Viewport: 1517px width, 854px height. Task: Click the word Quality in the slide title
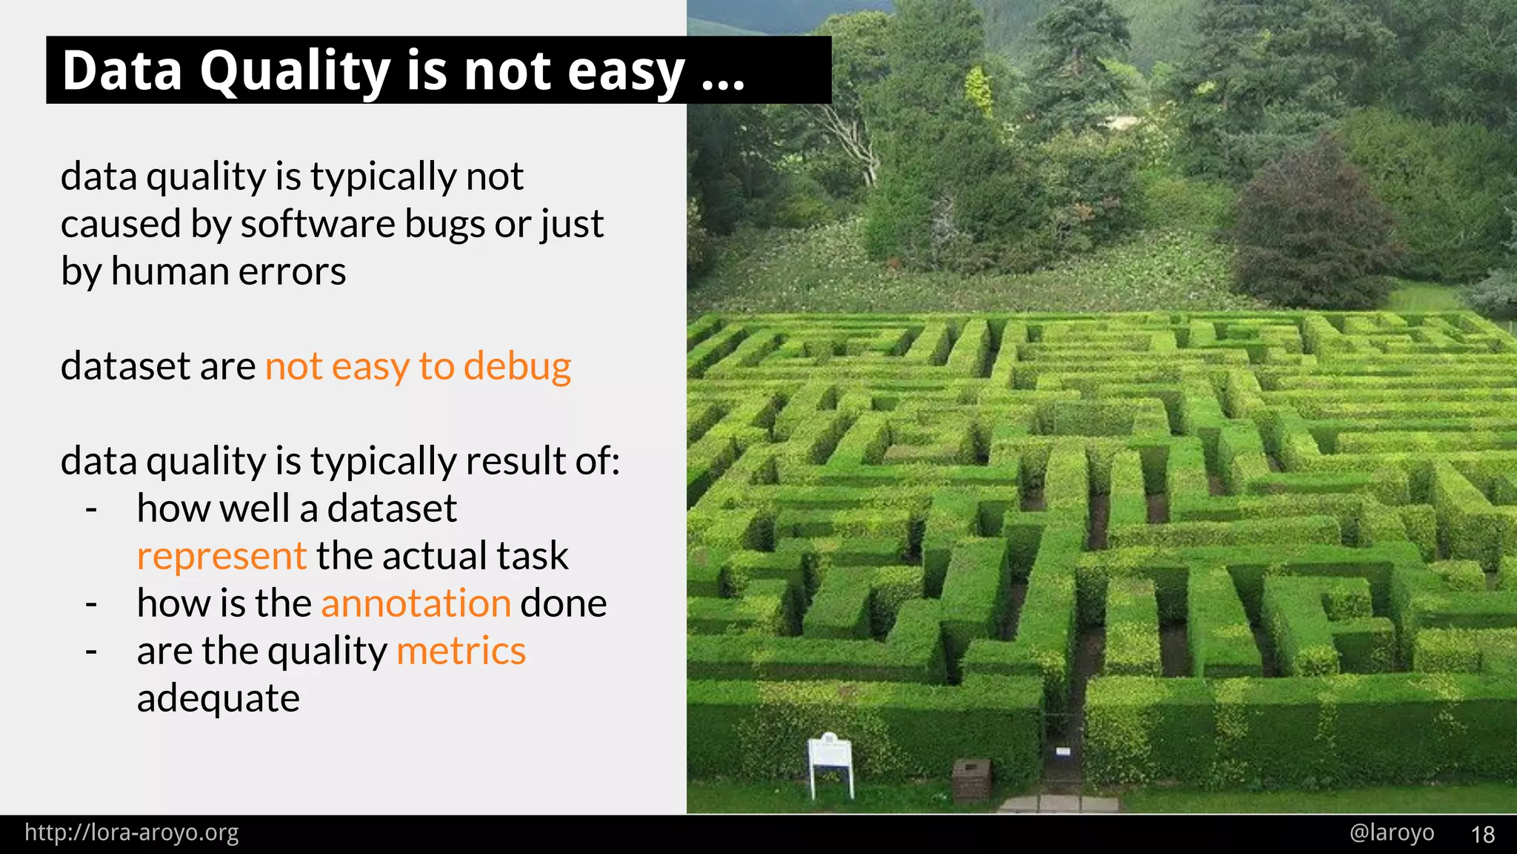point(294,72)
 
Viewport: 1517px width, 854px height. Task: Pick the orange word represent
point(221,557)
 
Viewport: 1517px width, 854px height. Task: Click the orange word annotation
point(416,603)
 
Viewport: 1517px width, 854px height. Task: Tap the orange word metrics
point(461,651)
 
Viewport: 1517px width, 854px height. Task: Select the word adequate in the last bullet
point(219,699)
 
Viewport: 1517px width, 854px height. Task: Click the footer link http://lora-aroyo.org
point(132,833)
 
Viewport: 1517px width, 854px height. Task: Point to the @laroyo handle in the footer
point(1392,833)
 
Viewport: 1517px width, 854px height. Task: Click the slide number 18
point(1482,835)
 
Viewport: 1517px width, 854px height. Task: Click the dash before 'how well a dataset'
point(91,509)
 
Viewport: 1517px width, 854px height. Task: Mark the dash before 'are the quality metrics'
point(91,652)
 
